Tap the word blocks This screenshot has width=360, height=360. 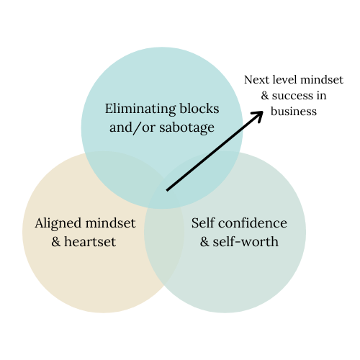click(199, 109)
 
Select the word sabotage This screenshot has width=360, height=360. click(186, 128)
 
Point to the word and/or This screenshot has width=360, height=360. click(132, 127)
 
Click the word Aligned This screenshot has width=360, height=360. click(58, 224)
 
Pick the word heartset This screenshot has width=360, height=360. click(90, 241)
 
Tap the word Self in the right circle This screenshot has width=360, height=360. click(203, 222)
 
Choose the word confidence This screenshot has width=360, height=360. click(253, 222)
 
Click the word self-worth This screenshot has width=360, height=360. click(246, 241)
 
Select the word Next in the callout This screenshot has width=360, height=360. click(256, 80)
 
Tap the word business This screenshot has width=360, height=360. click(294, 112)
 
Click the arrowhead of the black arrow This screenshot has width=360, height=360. click(263, 112)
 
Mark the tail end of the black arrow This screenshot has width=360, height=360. click(167, 190)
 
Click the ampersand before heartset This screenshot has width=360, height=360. click(56, 241)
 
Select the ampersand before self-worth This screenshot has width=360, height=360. click(204, 241)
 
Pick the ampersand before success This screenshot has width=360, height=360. click(265, 96)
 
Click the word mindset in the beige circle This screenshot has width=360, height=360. click(110, 222)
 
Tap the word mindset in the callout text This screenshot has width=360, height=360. click(322, 80)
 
